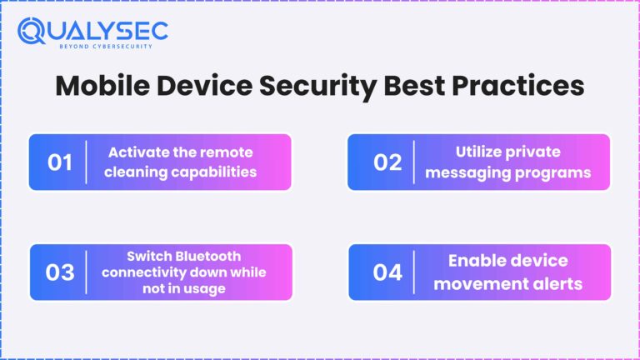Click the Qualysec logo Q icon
click(32, 32)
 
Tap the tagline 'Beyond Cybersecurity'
click(107, 47)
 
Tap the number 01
click(60, 162)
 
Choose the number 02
click(387, 162)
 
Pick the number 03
click(60, 272)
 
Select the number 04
click(387, 272)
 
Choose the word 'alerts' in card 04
click(557, 283)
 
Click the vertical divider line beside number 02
click(414, 162)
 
